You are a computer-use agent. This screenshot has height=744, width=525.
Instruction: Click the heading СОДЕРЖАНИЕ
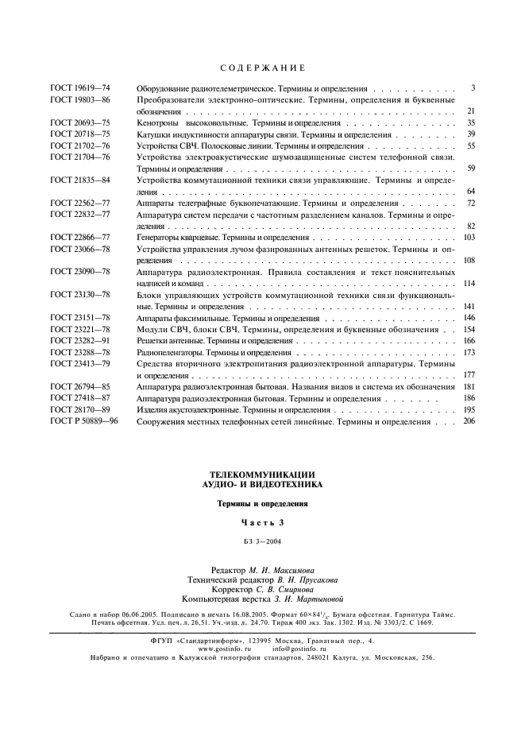262,68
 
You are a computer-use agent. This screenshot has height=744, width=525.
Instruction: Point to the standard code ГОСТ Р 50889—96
83,420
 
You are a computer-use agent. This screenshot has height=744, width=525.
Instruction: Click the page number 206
469,420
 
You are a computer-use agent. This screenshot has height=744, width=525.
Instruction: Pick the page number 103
469,238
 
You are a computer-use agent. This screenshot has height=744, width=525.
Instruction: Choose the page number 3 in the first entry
473,88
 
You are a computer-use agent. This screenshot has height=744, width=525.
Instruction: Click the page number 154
469,329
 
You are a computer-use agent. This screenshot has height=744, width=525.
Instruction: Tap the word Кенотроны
159,123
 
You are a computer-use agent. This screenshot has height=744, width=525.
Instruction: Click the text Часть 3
262,522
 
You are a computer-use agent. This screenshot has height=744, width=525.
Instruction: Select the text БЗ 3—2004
262,542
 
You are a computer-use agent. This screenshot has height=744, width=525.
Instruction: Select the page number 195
469,409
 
